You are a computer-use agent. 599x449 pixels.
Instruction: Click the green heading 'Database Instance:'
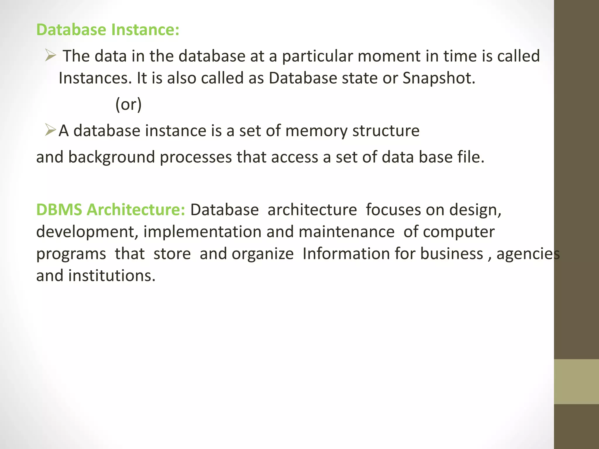click(x=108, y=30)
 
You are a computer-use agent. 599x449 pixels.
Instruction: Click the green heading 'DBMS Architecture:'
click(x=111, y=210)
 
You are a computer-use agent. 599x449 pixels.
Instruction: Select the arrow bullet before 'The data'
click(x=50, y=55)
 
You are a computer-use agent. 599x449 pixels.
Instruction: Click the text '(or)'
click(x=128, y=104)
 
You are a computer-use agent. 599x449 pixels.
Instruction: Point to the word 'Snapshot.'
click(x=439, y=78)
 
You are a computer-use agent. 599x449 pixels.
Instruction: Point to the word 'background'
click(x=111, y=158)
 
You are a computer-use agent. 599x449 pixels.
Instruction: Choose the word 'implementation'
click(x=202, y=232)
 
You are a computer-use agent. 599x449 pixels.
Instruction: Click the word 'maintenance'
click(x=347, y=232)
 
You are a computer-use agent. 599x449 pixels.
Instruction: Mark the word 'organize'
click(x=263, y=254)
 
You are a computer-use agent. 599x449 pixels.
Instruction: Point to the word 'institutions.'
click(x=112, y=276)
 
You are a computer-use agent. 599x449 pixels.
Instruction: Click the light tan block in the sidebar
click(x=576, y=381)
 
